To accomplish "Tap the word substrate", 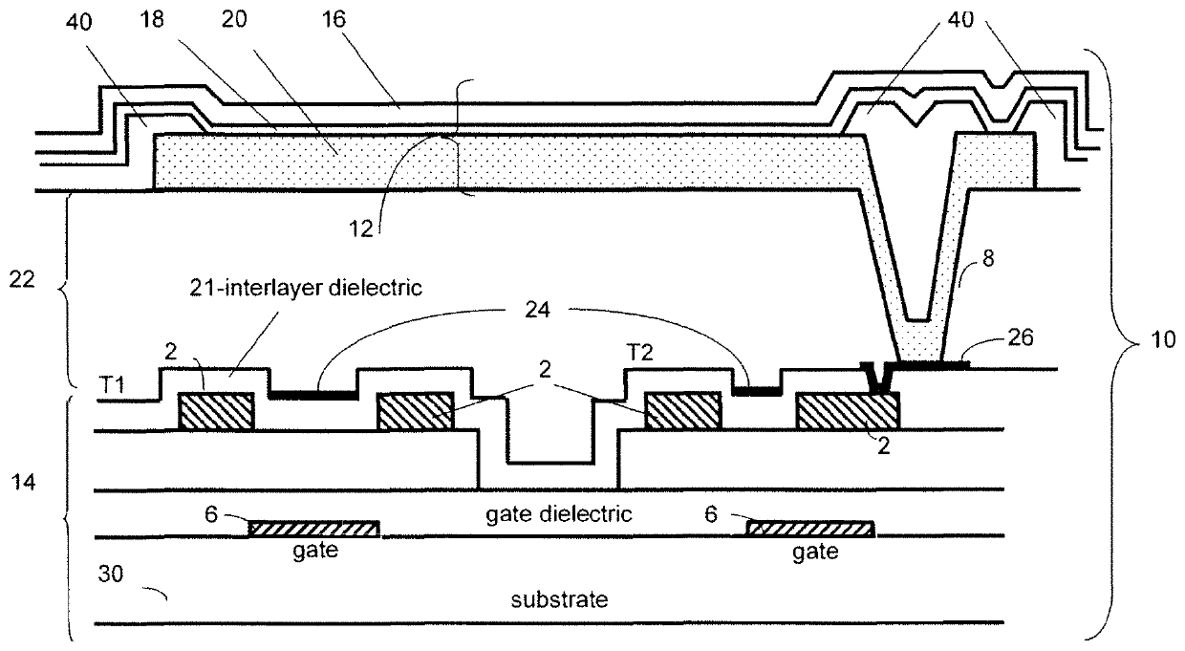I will [x=559, y=601].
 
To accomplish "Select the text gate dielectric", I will [x=552, y=513].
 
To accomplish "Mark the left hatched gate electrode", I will [x=313, y=529].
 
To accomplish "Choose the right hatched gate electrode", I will [x=808, y=529].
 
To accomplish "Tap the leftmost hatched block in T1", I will [x=217, y=412].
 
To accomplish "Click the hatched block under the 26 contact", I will [x=847, y=412].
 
